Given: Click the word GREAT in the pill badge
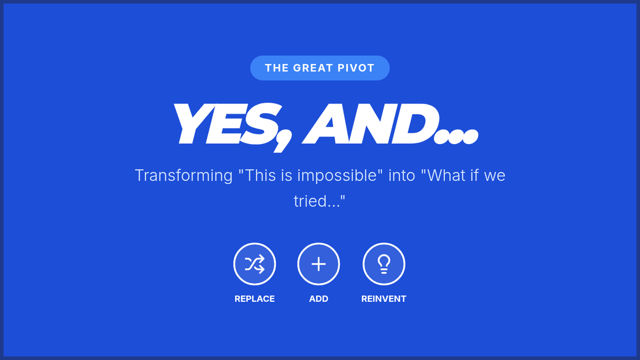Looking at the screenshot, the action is tap(313, 68).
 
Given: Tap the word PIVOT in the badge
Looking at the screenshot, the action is tap(356, 68).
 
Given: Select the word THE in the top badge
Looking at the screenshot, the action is tap(277, 68).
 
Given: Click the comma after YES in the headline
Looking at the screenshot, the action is tap(283, 142).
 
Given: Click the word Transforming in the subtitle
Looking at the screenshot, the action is tap(183, 175).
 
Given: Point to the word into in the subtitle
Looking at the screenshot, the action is tap(402, 175).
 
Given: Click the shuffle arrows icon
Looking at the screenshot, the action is tap(254, 264).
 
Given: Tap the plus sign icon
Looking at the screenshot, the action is tap(318, 264).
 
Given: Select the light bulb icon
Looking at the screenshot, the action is tap(383, 264).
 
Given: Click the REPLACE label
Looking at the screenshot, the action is tap(254, 299).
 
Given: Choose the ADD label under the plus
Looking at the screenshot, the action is tap(318, 299).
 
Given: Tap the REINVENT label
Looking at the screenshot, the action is tap(383, 299).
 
